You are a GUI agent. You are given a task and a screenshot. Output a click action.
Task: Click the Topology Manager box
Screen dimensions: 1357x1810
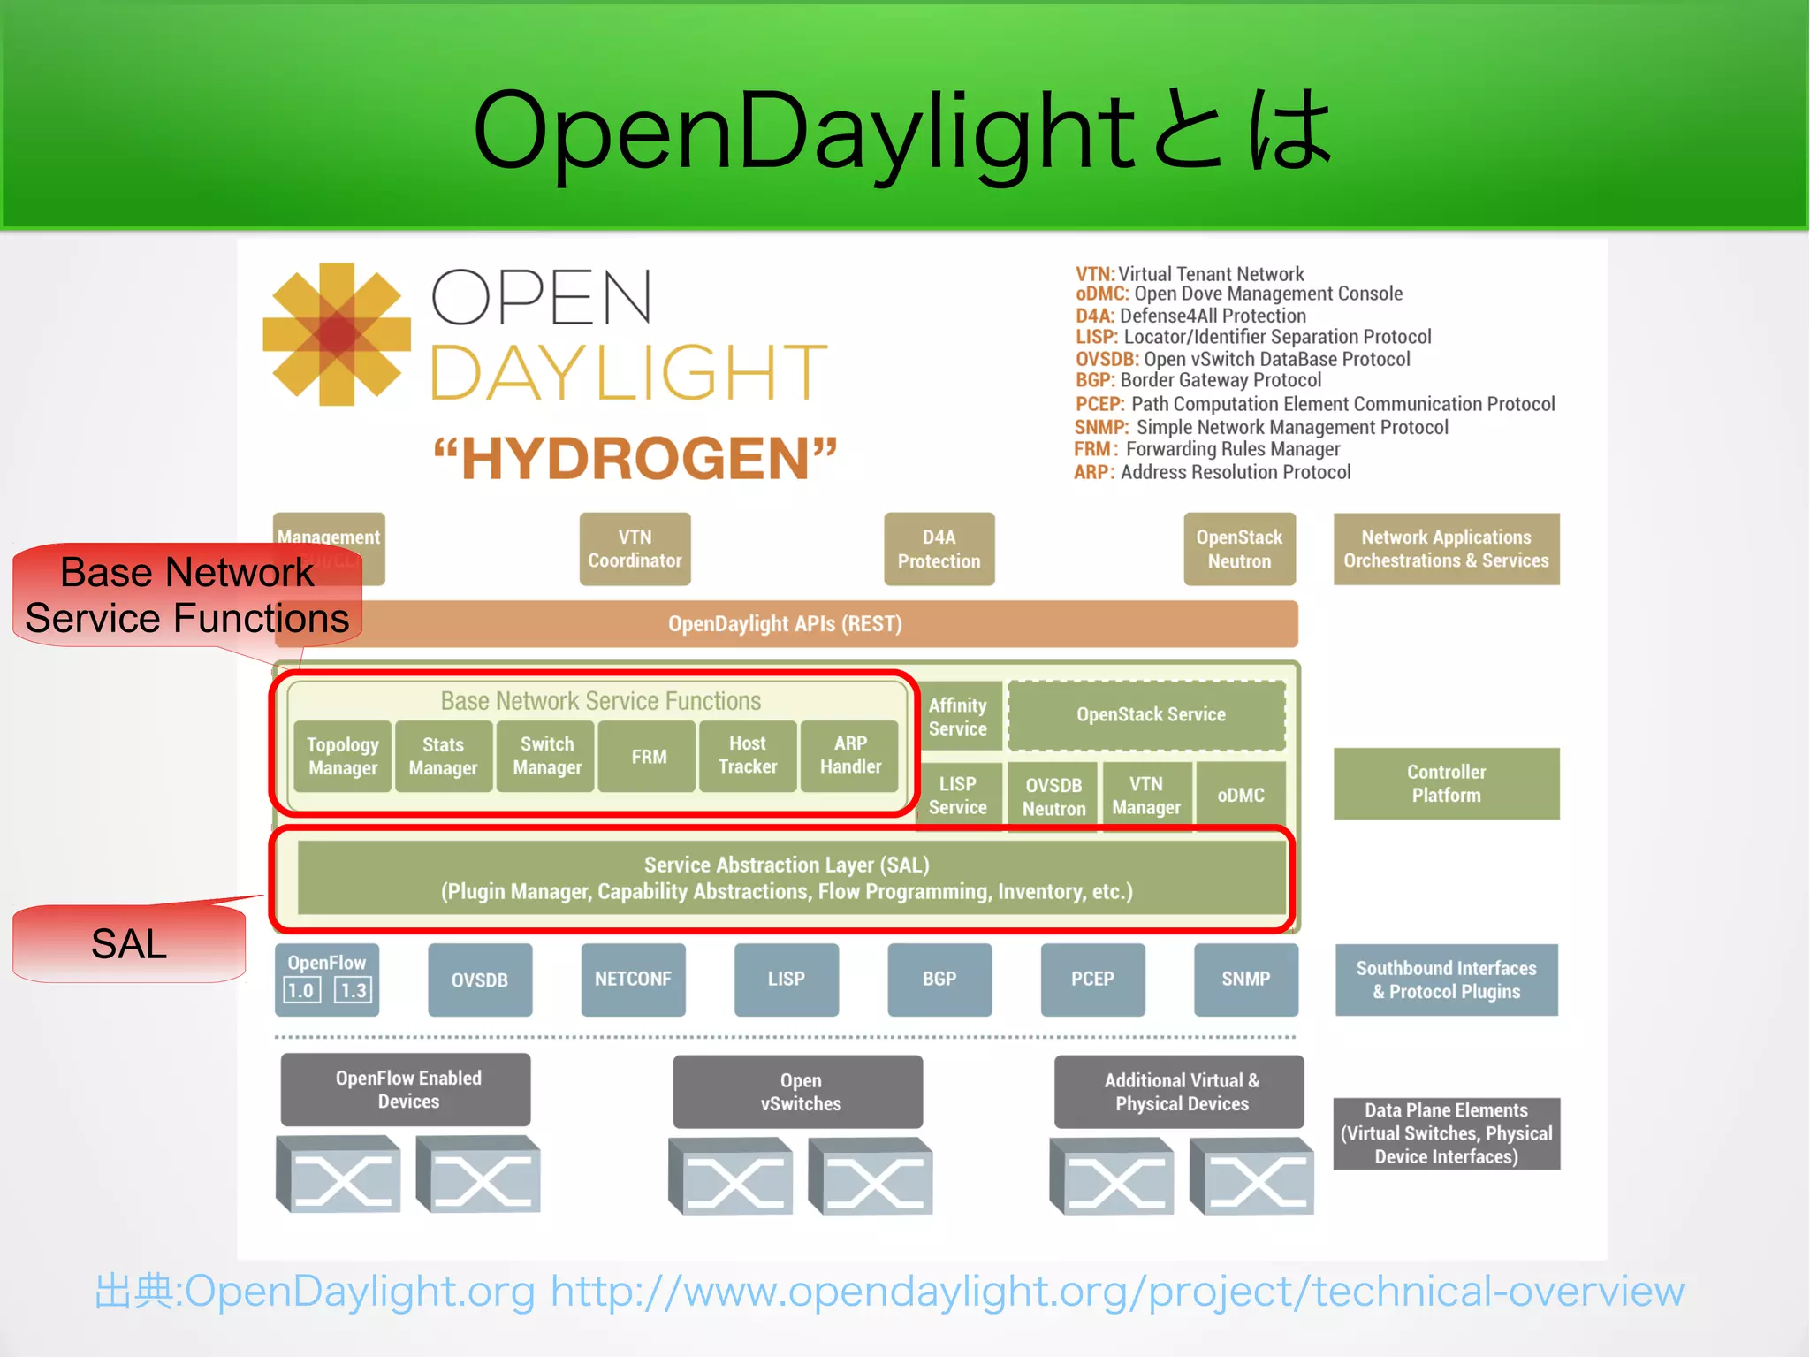coord(343,757)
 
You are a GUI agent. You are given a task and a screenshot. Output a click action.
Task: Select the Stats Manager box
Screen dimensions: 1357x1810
coord(443,757)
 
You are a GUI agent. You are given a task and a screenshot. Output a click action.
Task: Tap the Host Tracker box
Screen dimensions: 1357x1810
coord(748,756)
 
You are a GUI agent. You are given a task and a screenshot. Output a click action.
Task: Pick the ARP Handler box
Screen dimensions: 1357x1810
coord(850,756)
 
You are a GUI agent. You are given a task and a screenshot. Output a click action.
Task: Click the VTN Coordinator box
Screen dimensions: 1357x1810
coord(635,549)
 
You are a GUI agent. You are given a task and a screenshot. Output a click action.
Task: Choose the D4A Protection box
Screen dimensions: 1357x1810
coord(939,549)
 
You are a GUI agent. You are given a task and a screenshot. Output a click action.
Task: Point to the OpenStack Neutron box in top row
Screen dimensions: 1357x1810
coord(1239,549)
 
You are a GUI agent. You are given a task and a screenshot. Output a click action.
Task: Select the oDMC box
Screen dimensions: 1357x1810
coord(1240,796)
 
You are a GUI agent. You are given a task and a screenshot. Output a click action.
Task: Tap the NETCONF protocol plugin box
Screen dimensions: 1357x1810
coord(633,980)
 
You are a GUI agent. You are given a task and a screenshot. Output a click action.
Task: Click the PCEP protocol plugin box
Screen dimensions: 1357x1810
coord(1092,980)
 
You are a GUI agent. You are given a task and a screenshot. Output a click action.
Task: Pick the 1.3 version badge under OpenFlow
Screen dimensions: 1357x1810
coord(354,990)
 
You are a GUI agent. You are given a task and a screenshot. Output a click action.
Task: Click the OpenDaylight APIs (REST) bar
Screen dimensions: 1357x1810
coord(785,624)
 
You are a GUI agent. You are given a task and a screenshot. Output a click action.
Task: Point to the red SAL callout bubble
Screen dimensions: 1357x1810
coord(129,944)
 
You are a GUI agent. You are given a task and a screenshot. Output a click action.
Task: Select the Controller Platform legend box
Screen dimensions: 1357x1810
coord(1446,784)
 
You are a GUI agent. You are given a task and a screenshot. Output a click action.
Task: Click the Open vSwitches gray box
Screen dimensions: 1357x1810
coord(800,1093)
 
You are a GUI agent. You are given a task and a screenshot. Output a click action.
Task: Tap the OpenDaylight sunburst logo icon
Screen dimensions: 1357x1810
coord(337,334)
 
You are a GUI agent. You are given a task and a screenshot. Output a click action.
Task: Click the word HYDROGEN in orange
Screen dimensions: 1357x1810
coord(635,459)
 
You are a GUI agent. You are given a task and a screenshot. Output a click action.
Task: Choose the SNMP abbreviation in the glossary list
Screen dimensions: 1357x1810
coord(1101,428)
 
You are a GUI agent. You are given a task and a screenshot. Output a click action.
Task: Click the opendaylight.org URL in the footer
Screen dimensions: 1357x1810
coord(1117,1292)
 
